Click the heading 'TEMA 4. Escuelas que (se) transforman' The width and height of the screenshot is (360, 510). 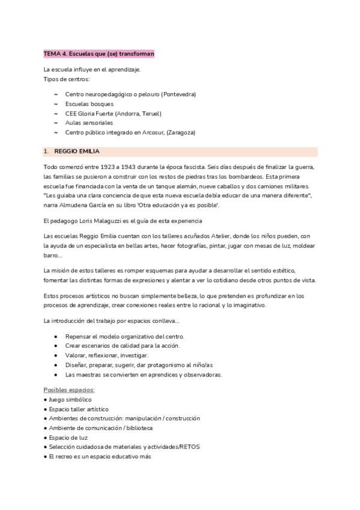(x=99, y=54)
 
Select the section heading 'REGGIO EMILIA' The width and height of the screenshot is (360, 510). (x=77, y=150)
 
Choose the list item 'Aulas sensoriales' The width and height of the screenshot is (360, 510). (x=90, y=123)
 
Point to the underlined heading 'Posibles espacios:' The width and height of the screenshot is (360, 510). (x=69, y=390)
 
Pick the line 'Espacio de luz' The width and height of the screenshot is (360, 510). (x=69, y=437)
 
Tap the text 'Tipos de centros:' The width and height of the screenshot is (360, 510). (x=66, y=79)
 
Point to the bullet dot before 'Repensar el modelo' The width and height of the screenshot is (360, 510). (x=56, y=336)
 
